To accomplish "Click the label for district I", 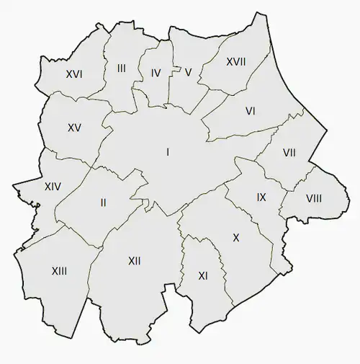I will pyautogui.click(x=168, y=151).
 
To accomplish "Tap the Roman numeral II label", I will pyautogui.click(x=104, y=203).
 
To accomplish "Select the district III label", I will pyautogui.click(x=121, y=68).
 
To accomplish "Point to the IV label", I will pyautogui.click(x=156, y=73).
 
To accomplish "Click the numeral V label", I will pyautogui.click(x=188, y=72).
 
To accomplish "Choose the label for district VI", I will pyautogui.click(x=251, y=111).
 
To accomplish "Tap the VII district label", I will pyautogui.click(x=289, y=153).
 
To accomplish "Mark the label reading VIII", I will pyautogui.click(x=313, y=198).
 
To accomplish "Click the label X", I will pyautogui.click(x=235, y=237).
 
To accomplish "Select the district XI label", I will pyautogui.click(x=202, y=275).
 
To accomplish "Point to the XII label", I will pyautogui.click(x=134, y=260).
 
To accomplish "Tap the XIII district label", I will pyautogui.click(x=60, y=271).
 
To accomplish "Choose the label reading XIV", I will pyautogui.click(x=53, y=187).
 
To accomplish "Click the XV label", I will pyautogui.click(x=74, y=128).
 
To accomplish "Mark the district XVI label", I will pyautogui.click(x=73, y=74).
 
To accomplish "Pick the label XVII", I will pyautogui.click(x=235, y=62).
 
